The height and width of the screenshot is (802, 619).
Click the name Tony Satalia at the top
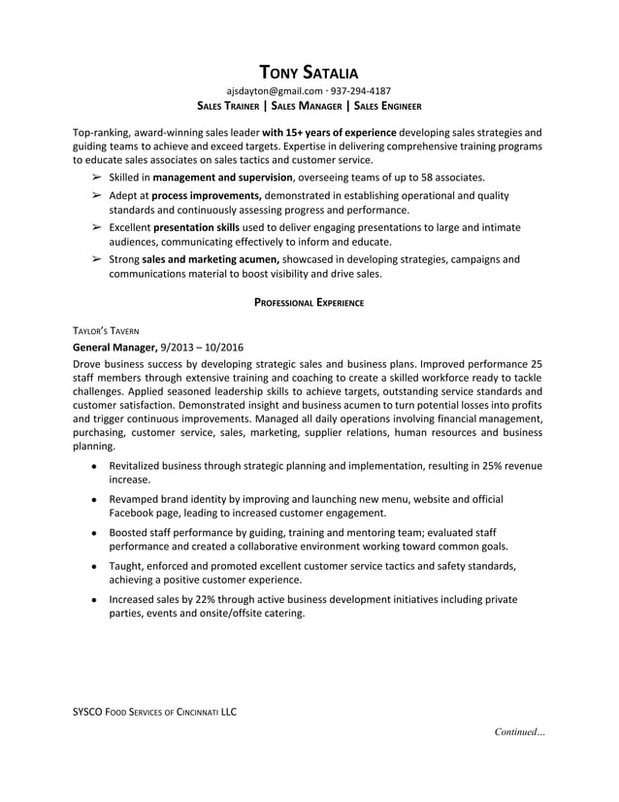[309, 71]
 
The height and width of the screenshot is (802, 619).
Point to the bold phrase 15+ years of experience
[329, 131]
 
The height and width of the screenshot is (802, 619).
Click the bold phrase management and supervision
[222, 178]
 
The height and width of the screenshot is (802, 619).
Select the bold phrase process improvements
[206, 195]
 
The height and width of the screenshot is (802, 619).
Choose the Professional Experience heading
[309, 303]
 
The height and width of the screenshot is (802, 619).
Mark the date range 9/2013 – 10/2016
[202, 347]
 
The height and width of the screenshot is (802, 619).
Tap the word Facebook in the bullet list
[134, 513]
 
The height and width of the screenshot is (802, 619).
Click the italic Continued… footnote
[519, 731]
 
